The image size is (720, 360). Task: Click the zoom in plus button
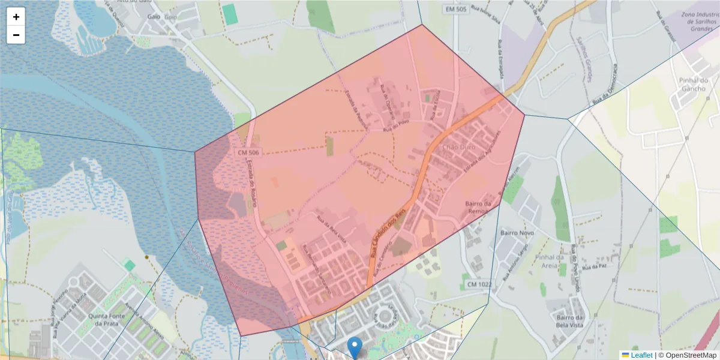pos(16,17)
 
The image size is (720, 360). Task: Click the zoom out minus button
pos(16,35)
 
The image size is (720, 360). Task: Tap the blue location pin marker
pos(355,347)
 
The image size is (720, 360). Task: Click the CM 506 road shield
pos(248,153)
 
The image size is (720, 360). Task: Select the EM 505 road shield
pos(457,9)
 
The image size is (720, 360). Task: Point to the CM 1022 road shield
pos(479,284)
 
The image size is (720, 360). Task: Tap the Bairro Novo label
pos(517,232)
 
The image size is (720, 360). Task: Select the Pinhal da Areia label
pos(553,262)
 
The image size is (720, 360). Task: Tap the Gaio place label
pos(154,17)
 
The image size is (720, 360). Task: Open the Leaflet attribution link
pos(641,355)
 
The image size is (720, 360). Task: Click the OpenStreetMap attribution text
pos(687,355)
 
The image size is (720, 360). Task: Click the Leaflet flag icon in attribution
pos(625,355)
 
